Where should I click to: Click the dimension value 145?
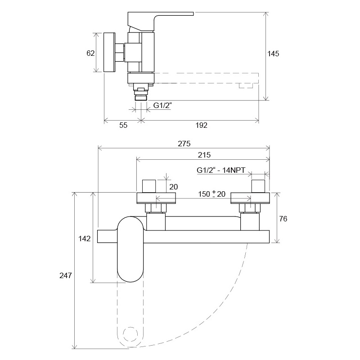(x=273, y=54)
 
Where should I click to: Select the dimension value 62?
(x=90, y=53)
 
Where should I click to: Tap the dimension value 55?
(x=123, y=125)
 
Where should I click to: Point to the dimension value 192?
(x=201, y=125)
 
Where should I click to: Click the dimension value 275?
(x=184, y=144)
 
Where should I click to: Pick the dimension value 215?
(x=204, y=155)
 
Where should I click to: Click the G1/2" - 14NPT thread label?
(x=221, y=171)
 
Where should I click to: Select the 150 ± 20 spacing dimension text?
(x=211, y=194)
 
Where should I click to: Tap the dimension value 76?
(x=283, y=219)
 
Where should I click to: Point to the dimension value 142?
(x=85, y=239)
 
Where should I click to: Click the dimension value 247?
(x=66, y=275)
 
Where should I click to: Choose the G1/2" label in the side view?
(x=162, y=105)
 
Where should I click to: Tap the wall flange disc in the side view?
(x=109, y=52)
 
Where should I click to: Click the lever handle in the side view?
(x=161, y=21)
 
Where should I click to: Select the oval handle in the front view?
(x=130, y=249)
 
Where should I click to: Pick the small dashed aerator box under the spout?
(x=246, y=85)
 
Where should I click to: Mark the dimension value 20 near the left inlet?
(x=174, y=187)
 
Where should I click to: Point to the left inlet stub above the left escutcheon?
(x=149, y=186)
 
